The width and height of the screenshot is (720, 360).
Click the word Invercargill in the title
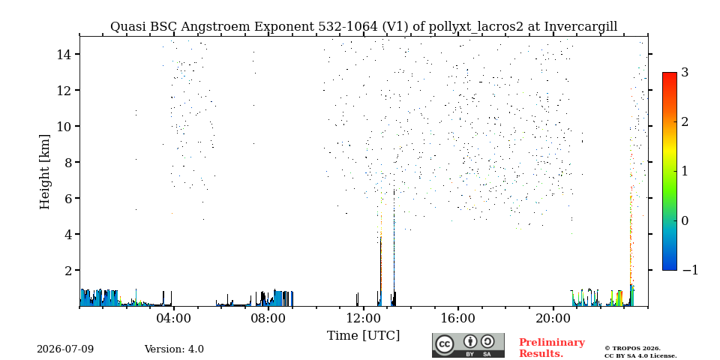580,27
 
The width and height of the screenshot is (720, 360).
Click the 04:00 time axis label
174,319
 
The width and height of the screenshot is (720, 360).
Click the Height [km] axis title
44,172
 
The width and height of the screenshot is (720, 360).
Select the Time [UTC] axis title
363,336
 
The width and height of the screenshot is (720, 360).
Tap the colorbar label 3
685,73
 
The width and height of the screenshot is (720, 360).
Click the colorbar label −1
690,270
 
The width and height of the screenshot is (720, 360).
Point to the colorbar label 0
685,220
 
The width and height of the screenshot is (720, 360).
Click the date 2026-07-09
65,349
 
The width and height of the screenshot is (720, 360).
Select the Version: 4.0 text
174,349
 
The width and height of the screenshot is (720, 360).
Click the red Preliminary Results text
552,348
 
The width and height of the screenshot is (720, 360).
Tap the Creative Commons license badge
468,345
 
